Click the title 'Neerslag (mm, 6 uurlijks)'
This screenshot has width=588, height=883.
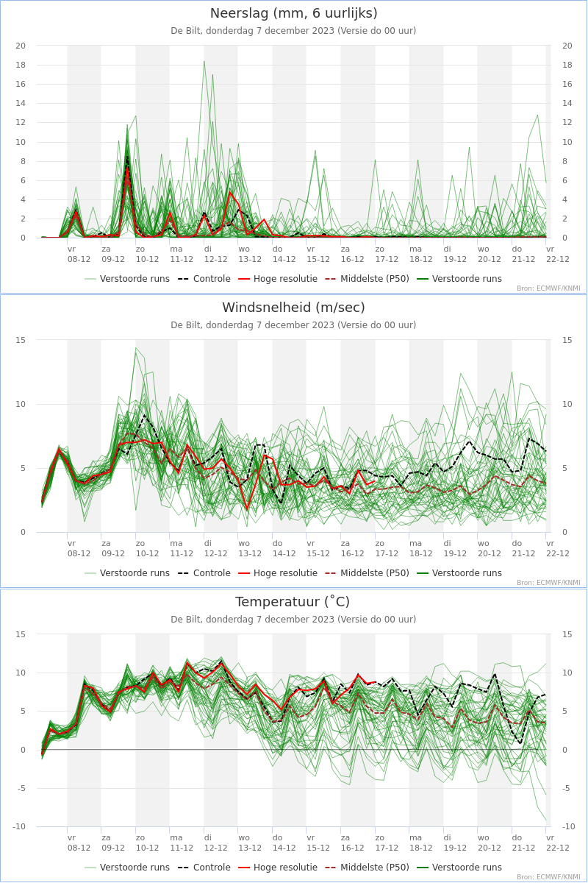294,13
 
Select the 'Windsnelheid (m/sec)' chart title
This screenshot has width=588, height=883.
294,307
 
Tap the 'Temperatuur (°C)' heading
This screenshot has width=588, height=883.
293,602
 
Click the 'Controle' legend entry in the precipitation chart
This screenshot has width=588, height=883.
204,279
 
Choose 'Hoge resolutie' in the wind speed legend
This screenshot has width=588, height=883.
278,572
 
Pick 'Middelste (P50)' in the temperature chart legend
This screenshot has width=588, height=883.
367,868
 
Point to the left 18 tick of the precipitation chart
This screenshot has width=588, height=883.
21,65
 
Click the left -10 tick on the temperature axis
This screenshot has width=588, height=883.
19,826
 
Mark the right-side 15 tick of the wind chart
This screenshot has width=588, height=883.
567,340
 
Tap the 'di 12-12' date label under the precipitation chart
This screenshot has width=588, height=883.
215,255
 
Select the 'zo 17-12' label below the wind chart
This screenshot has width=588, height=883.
387,548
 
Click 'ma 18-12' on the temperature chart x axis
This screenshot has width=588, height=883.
420,843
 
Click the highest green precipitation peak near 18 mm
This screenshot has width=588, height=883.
204,62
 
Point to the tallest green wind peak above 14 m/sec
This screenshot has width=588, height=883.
135,348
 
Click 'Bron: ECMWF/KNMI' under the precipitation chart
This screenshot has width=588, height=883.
548,288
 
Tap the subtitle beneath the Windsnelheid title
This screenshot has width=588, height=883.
293,325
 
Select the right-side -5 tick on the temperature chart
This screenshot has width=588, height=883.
565,788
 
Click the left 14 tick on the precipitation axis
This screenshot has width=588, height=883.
21,103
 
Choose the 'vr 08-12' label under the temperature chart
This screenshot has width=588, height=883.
79,843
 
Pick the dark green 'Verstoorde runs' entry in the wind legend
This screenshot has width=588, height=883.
459,572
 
